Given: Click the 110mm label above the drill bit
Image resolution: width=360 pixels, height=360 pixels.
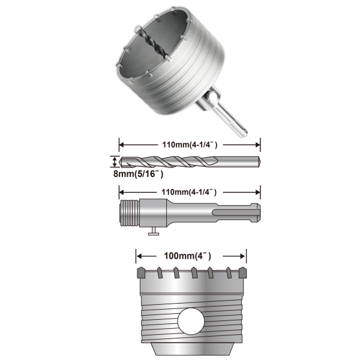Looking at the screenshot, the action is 190,145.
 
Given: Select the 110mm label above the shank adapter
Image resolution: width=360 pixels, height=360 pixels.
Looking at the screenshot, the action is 189,192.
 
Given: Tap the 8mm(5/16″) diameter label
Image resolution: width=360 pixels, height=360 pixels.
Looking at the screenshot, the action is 138,174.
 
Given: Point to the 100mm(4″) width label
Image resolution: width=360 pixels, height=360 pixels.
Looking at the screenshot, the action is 187,256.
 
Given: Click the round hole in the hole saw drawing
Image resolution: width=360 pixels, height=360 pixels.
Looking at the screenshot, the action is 191,321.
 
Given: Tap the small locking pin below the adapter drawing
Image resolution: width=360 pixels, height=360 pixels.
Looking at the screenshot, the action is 154,231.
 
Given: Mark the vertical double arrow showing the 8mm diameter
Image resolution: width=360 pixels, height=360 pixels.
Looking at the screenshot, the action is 115,161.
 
